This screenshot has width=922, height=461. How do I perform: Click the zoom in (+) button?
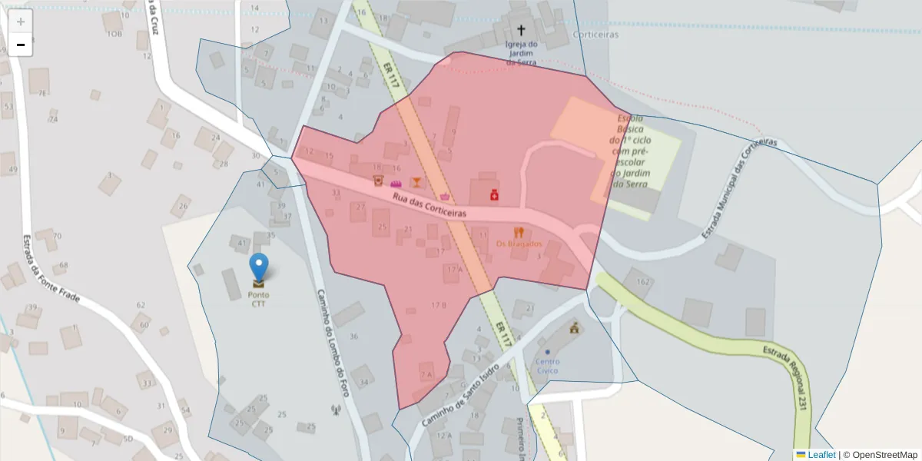(21, 22)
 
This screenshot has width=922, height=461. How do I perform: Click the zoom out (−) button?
(21, 45)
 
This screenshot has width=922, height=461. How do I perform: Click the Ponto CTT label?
(259, 299)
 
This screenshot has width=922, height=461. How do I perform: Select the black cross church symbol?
(521, 31)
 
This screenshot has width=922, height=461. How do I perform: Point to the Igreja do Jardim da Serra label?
(521, 53)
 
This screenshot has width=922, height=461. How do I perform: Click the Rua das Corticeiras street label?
(429, 204)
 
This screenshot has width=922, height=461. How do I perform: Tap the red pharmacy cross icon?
(493, 196)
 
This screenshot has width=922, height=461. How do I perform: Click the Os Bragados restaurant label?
(519, 244)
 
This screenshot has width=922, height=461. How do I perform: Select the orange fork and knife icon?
(519, 231)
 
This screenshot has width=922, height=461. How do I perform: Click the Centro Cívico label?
(547, 366)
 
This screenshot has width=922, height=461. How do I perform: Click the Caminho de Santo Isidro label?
(460, 395)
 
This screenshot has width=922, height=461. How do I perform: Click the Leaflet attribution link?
(821, 454)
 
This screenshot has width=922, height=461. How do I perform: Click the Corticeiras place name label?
(595, 35)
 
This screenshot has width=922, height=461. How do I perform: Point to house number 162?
(642, 283)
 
